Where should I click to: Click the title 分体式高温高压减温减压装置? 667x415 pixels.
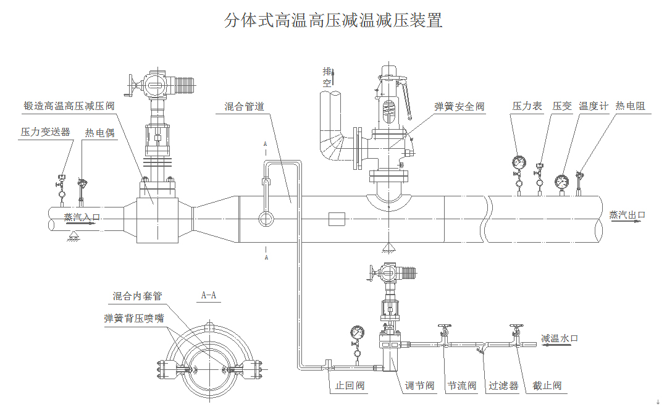(333, 20)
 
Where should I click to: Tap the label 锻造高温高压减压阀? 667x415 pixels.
(69, 106)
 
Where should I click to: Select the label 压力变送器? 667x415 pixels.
(45, 132)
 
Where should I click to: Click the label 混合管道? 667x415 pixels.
(244, 107)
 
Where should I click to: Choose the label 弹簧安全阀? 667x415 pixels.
(459, 107)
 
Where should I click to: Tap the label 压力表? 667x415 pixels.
(527, 106)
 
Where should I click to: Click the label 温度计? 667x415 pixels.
(594, 106)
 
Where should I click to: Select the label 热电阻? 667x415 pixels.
(630, 106)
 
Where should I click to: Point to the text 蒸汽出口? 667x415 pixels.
(627, 215)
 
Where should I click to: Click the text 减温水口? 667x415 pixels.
(560, 338)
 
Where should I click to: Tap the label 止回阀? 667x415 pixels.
(350, 386)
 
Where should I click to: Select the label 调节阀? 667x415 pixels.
(420, 386)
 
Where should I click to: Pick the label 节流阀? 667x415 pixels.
(461, 386)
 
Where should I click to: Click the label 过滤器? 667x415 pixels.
(503, 386)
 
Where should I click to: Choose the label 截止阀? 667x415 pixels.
(547, 386)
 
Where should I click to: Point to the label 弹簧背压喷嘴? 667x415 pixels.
(134, 319)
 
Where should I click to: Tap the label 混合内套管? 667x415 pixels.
(137, 296)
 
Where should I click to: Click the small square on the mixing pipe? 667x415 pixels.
(337, 219)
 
